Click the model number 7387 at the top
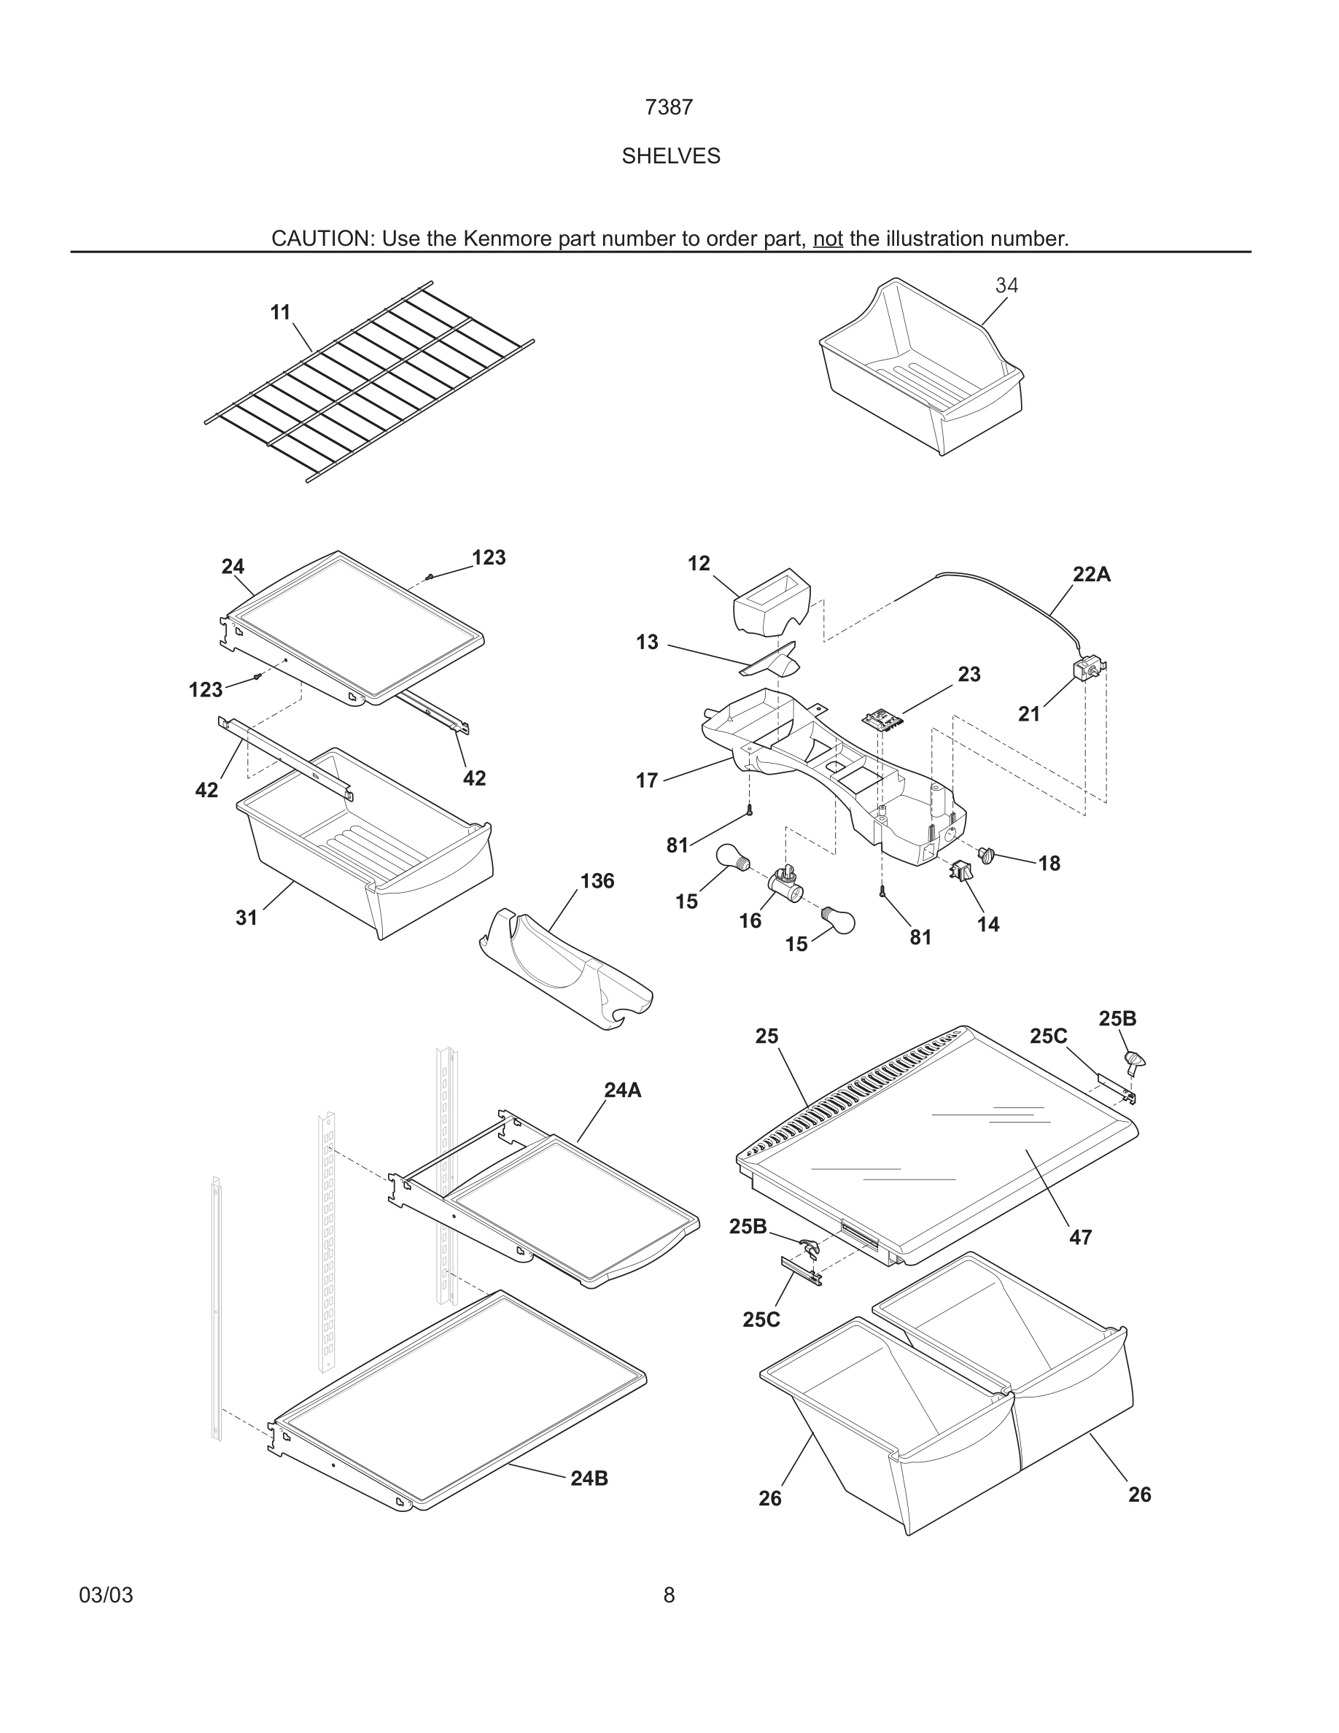pyautogui.click(x=669, y=107)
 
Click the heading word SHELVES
pyautogui.click(x=670, y=156)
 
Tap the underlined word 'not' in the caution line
pyautogui.click(x=827, y=239)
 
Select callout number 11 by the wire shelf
pyautogui.click(x=280, y=313)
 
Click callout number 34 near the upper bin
pyautogui.click(x=1006, y=286)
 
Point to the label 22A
pyautogui.click(x=1091, y=575)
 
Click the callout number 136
pyautogui.click(x=597, y=881)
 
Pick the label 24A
pyautogui.click(x=622, y=1090)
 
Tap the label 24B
pyautogui.click(x=589, y=1478)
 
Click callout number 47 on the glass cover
pyautogui.click(x=1080, y=1237)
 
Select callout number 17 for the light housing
pyautogui.click(x=646, y=781)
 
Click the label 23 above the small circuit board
pyautogui.click(x=969, y=675)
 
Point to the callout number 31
pyautogui.click(x=246, y=918)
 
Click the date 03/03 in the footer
pyautogui.click(x=106, y=1595)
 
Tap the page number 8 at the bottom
pyautogui.click(x=669, y=1595)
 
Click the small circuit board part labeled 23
pyautogui.click(x=884, y=719)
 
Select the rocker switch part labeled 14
pyautogui.click(x=959, y=872)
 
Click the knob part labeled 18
pyautogui.click(x=987, y=856)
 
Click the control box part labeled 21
pyautogui.click(x=1086, y=668)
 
